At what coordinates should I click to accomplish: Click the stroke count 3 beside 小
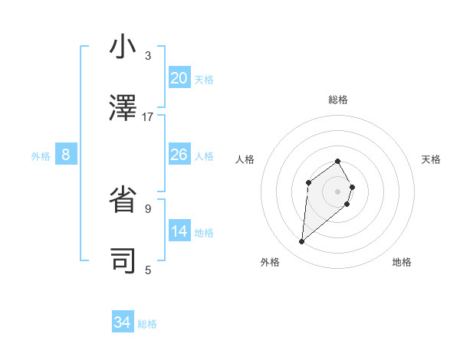[147, 56]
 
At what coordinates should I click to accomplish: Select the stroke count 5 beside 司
[147, 270]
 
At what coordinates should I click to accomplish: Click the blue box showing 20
[179, 78]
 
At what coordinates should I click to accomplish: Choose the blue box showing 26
[179, 155]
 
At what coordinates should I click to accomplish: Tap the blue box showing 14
[179, 231]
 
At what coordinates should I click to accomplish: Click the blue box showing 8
[66, 155]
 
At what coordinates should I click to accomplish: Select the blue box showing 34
[122, 323]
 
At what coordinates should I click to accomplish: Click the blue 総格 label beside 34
[147, 324]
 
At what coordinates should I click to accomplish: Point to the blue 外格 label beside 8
[41, 156]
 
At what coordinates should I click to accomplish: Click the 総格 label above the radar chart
[338, 100]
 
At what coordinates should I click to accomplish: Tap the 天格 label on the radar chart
[432, 159]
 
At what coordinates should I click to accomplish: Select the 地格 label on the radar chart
[402, 262]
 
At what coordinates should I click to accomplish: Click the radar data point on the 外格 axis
[302, 242]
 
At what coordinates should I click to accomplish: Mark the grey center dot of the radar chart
[338, 191]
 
